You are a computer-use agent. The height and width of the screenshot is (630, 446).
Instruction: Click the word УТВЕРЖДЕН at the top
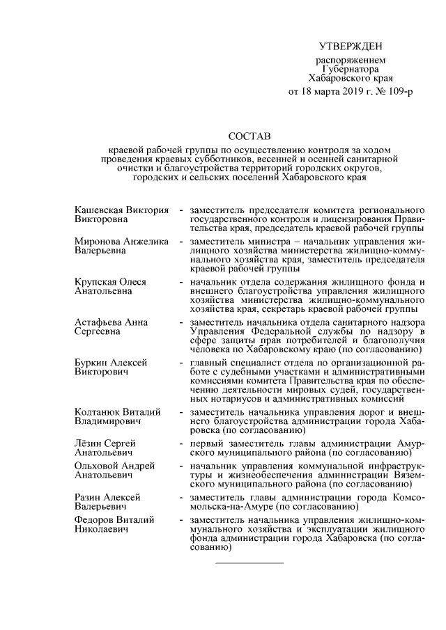(351, 47)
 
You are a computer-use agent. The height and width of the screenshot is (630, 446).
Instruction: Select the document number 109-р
(397, 92)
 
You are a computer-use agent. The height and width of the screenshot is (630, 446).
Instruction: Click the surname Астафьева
(98, 323)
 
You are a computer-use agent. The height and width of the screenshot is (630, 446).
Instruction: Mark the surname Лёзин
(88, 443)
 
